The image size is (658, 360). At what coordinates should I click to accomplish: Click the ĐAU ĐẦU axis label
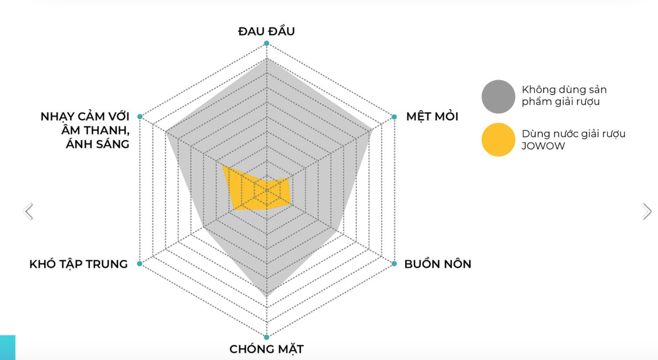coord(266,32)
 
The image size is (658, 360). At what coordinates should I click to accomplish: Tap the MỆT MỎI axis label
coord(432,117)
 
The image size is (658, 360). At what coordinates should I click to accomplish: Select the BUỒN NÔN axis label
coord(438,264)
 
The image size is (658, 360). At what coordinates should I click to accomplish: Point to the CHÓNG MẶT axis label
coord(266,349)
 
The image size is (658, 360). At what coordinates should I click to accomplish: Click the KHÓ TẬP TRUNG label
coord(78,264)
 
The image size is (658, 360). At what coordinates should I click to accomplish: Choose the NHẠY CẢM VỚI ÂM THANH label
coord(85,130)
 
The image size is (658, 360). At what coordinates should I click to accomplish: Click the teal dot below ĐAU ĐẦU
coord(267,43)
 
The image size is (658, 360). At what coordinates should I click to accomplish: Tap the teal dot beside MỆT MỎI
coord(394,117)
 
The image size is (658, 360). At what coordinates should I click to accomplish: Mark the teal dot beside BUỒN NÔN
coord(394,264)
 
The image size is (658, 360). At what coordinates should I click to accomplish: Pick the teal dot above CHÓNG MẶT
coord(267,337)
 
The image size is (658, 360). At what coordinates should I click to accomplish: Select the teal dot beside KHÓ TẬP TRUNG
coord(140,263)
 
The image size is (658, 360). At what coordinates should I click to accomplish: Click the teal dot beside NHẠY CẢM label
coord(140,117)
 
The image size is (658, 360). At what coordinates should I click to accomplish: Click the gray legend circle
coord(498,97)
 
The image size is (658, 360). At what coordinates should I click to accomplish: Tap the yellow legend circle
coord(498,139)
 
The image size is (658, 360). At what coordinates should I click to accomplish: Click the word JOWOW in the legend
coord(543,146)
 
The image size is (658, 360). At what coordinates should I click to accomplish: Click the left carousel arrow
coord(28,212)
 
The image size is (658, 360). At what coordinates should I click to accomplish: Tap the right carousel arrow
coord(646,212)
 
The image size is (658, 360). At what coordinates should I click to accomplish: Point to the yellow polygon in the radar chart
coord(255,191)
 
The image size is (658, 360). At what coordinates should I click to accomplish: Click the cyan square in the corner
coord(7,348)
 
